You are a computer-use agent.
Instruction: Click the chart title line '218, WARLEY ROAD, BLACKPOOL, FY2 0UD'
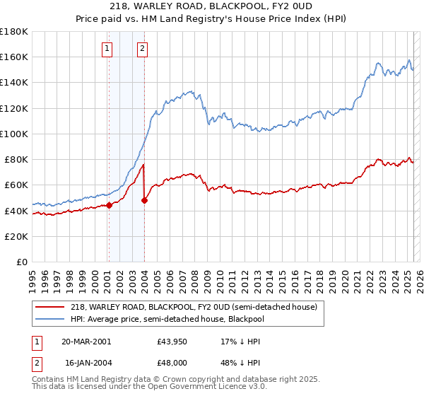click(212, 7)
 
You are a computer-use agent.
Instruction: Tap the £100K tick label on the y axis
click(14, 134)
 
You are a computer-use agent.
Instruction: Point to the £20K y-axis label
click(16, 236)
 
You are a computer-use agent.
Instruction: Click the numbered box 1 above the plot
click(107, 49)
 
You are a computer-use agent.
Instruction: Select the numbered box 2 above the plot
click(142, 49)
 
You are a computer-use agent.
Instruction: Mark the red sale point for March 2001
click(110, 206)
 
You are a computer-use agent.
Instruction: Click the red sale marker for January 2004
click(144, 201)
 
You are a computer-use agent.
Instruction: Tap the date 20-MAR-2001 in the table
click(86, 342)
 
